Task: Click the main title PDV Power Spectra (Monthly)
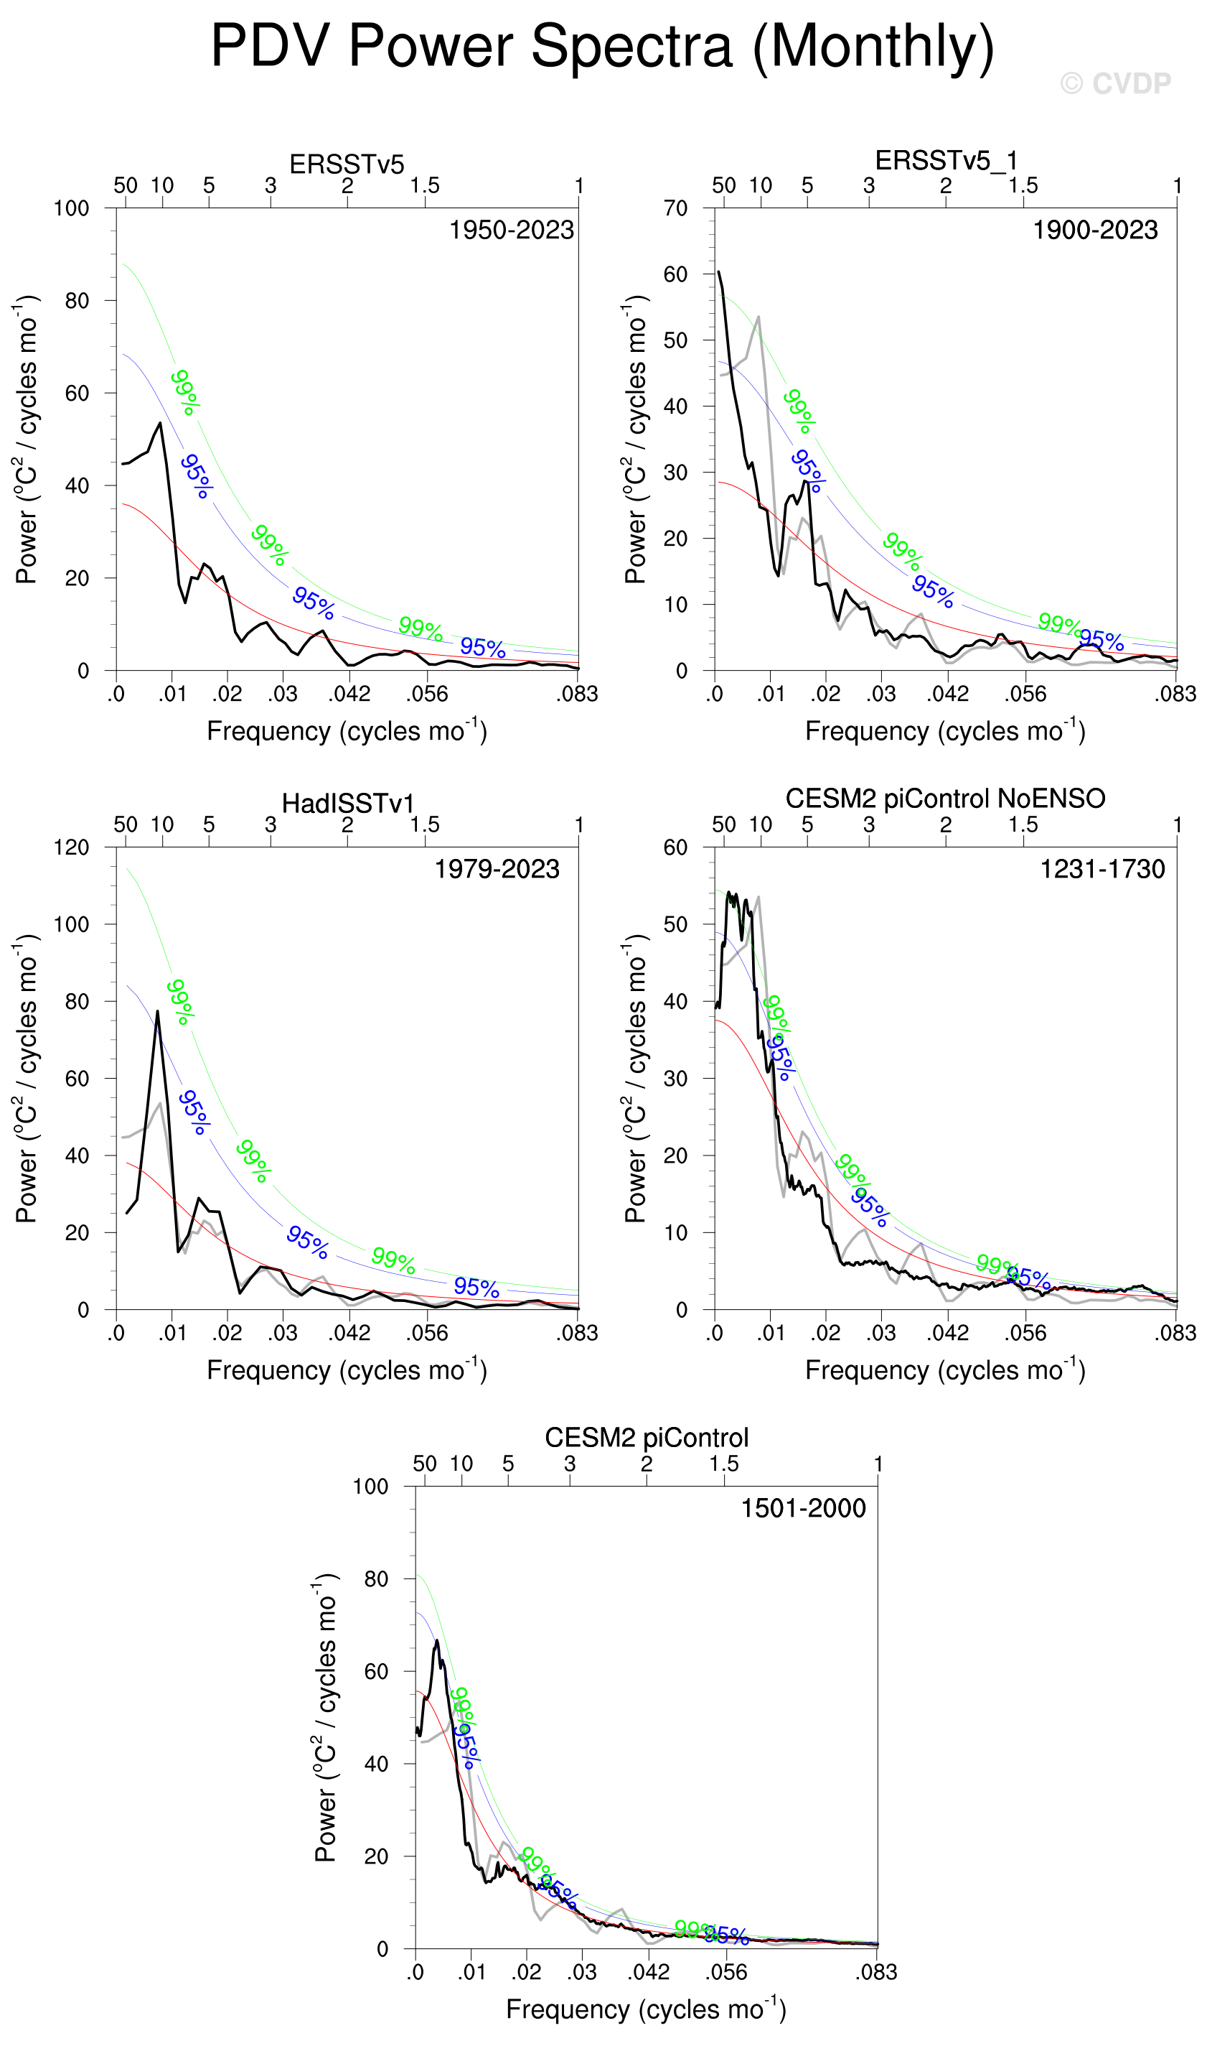point(603,47)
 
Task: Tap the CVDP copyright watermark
point(1115,83)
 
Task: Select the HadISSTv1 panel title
point(347,804)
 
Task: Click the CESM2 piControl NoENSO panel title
point(945,799)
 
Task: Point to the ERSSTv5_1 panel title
point(946,160)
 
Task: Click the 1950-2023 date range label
point(512,231)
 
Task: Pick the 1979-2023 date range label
point(497,869)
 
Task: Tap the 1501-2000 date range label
point(803,1508)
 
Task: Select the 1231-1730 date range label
point(1102,869)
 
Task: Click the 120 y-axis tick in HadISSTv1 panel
point(72,847)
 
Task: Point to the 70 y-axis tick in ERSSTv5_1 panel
point(675,208)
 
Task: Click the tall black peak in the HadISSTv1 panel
point(158,1012)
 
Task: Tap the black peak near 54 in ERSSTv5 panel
point(160,423)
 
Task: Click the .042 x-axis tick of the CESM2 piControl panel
point(648,1972)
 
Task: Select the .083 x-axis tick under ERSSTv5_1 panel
point(1175,694)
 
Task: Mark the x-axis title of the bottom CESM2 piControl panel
point(646,2010)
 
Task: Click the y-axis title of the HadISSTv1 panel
point(27,1079)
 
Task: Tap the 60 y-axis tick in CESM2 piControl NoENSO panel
point(675,847)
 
